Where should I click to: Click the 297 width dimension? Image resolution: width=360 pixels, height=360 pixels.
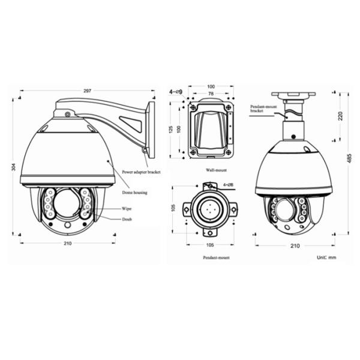click(87, 91)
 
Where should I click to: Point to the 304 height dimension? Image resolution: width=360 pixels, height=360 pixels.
click(14, 167)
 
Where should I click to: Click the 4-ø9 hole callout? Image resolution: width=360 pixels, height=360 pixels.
click(176, 92)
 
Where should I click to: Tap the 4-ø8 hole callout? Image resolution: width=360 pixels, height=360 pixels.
click(229, 185)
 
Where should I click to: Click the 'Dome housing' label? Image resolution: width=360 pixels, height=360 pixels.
click(136, 193)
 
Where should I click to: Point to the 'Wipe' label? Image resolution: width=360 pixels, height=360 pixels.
click(127, 209)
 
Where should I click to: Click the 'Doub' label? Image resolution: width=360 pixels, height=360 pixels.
click(127, 220)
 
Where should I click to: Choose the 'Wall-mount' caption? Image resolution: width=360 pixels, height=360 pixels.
click(211, 170)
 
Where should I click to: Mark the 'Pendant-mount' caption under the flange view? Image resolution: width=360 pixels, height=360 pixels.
click(216, 257)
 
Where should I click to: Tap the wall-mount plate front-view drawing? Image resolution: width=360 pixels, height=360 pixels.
click(210, 130)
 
